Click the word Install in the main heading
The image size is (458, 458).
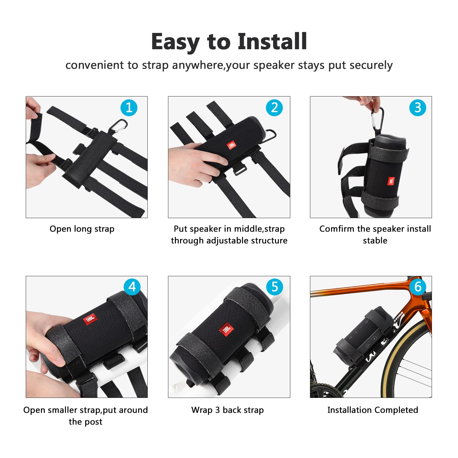click(x=272, y=42)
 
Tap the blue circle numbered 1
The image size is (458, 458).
click(x=129, y=108)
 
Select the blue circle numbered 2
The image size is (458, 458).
click(x=274, y=108)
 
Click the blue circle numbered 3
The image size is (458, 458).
click(x=418, y=108)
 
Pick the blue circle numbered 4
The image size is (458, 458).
click(x=132, y=287)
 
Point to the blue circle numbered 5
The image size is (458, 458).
click(x=275, y=287)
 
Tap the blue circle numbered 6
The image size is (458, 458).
click(x=418, y=287)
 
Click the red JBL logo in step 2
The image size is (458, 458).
click(x=231, y=145)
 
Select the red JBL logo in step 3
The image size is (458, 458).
click(x=391, y=181)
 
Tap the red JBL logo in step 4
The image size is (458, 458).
click(x=90, y=319)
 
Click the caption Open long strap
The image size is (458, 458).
click(x=82, y=229)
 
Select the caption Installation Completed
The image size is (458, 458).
click(x=372, y=410)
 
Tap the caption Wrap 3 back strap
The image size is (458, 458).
click(x=227, y=410)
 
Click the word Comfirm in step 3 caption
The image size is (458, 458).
click(x=337, y=229)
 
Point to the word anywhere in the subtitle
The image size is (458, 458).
click(x=198, y=66)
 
